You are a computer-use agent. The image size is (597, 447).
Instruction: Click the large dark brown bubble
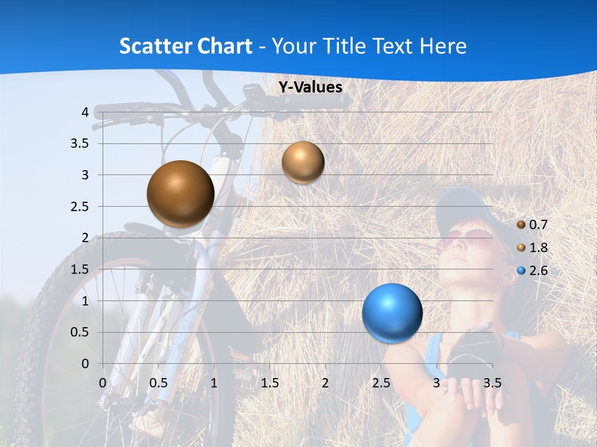(x=180, y=194)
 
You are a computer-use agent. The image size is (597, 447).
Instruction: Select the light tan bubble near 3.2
(x=303, y=162)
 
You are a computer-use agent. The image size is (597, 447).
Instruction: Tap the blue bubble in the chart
(x=392, y=313)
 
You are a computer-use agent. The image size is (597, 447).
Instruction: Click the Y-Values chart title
(x=310, y=88)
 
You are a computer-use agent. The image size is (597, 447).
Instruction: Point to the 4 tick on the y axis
(x=84, y=112)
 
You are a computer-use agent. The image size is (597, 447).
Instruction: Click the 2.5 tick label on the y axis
(x=79, y=207)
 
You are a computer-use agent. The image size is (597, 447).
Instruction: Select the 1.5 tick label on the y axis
(x=79, y=269)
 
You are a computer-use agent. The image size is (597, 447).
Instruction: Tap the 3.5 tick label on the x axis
(x=492, y=382)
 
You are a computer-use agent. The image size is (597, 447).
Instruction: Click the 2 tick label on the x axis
(x=325, y=382)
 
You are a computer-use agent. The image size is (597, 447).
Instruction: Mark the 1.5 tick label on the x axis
(x=269, y=382)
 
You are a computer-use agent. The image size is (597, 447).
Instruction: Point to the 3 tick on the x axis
(x=436, y=382)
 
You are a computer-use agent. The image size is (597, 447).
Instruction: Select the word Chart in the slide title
(x=224, y=46)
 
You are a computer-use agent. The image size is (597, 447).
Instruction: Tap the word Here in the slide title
(x=443, y=46)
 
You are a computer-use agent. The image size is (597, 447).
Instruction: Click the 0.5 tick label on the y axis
(x=79, y=333)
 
